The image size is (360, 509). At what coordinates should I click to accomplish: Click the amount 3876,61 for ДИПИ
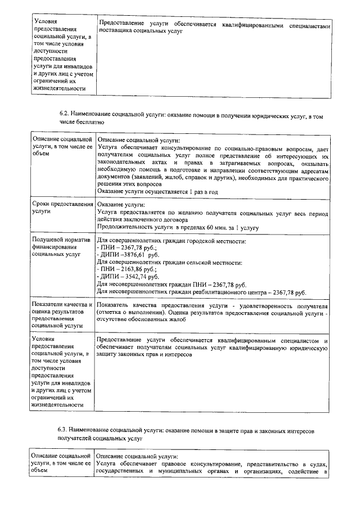133,255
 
